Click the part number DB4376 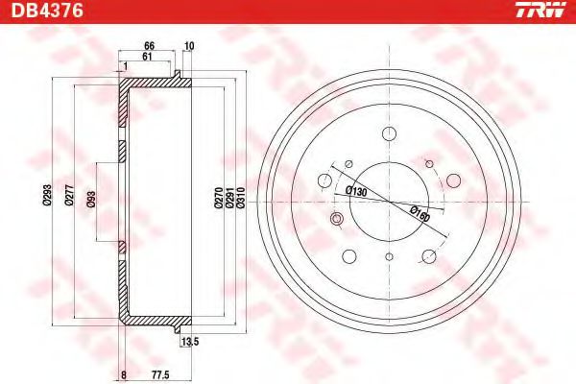pyautogui.click(x=48, y=11)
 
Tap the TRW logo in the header pyautogui.click(x=540, y=10)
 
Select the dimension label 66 pyautogui.click(x=149, y=46)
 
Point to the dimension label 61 pyautogui.click(x=147, y=57)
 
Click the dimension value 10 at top pyautogui.click(x=189, y=46)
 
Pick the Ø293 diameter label pyautogui.click(x=47, y=195)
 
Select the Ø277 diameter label pyautogui.click(x=69, y=195)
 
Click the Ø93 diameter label pyautogui.click(x=91, y=199)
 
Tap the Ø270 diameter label pyautogui.click(x=218, y=198)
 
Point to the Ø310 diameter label pyautogui.click(x=241, y=198)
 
